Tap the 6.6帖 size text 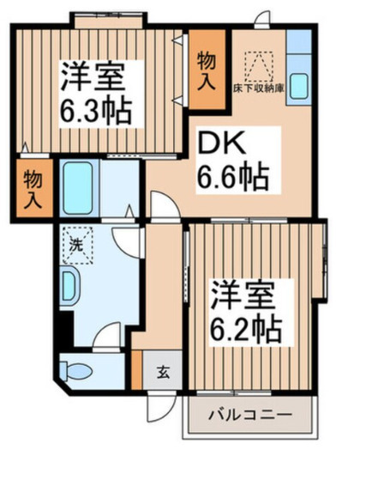point(233,178)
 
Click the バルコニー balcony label point(250,415)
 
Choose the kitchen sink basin point(300,86)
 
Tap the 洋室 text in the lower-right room point(245,295)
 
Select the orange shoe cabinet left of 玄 point(136,368)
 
